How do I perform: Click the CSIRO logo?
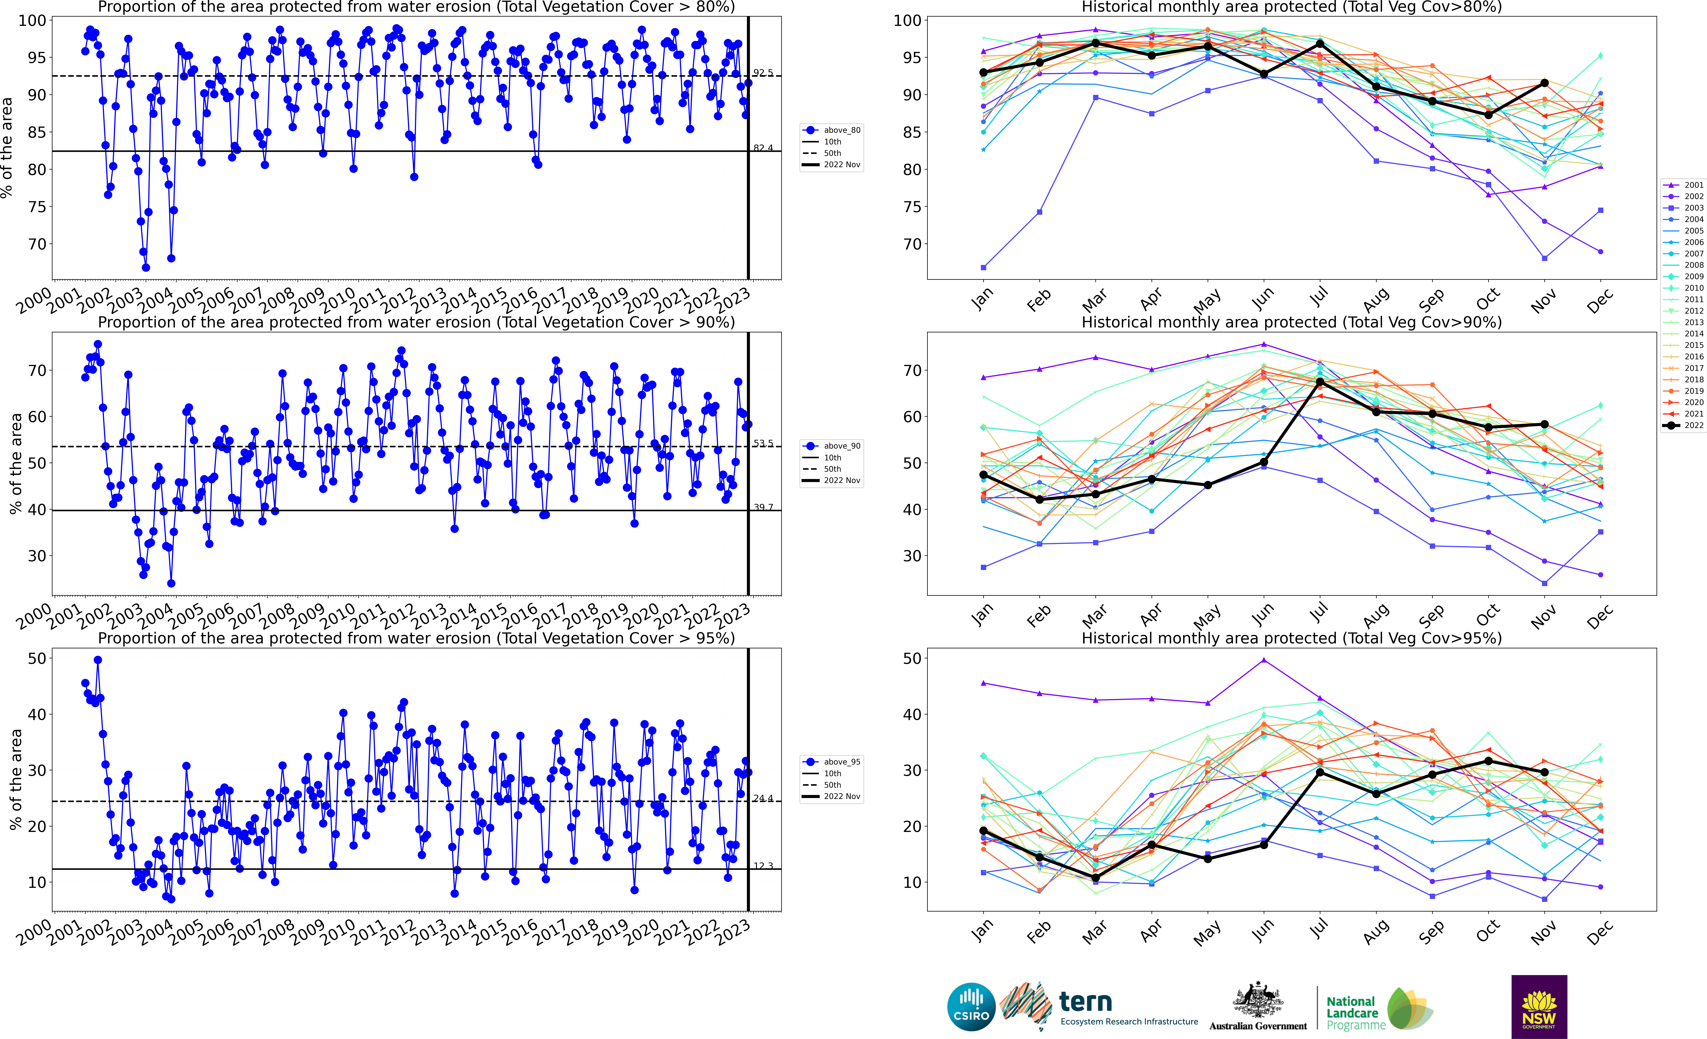coord(971,1006)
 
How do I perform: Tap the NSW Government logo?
coord(1539,1006)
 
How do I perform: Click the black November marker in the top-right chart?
coord(1544,83)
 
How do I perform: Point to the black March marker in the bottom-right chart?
coord(1095,878)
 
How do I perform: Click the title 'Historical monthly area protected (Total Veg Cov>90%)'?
coord(1291,322)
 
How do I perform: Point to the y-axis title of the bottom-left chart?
coord(15,779)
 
